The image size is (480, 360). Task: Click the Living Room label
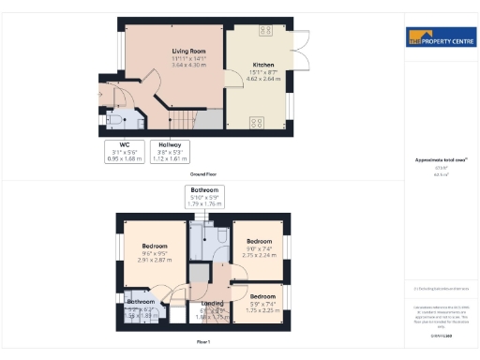pyautogui.click(x=188, y=51)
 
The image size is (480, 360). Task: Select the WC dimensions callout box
pyautogui.click(x=125, y=153)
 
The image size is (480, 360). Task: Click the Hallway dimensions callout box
pyautogui.click(x=170, y=153)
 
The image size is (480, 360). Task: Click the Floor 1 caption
pyautogui.click(x=203, y=343)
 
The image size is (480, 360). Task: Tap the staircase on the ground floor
pyautogui.click(x=183, y=121)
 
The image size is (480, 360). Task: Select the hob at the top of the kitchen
pyautogui.click(x=264, y=30)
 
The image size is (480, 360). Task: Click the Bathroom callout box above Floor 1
pyautogui.click(x=203, y=194)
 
